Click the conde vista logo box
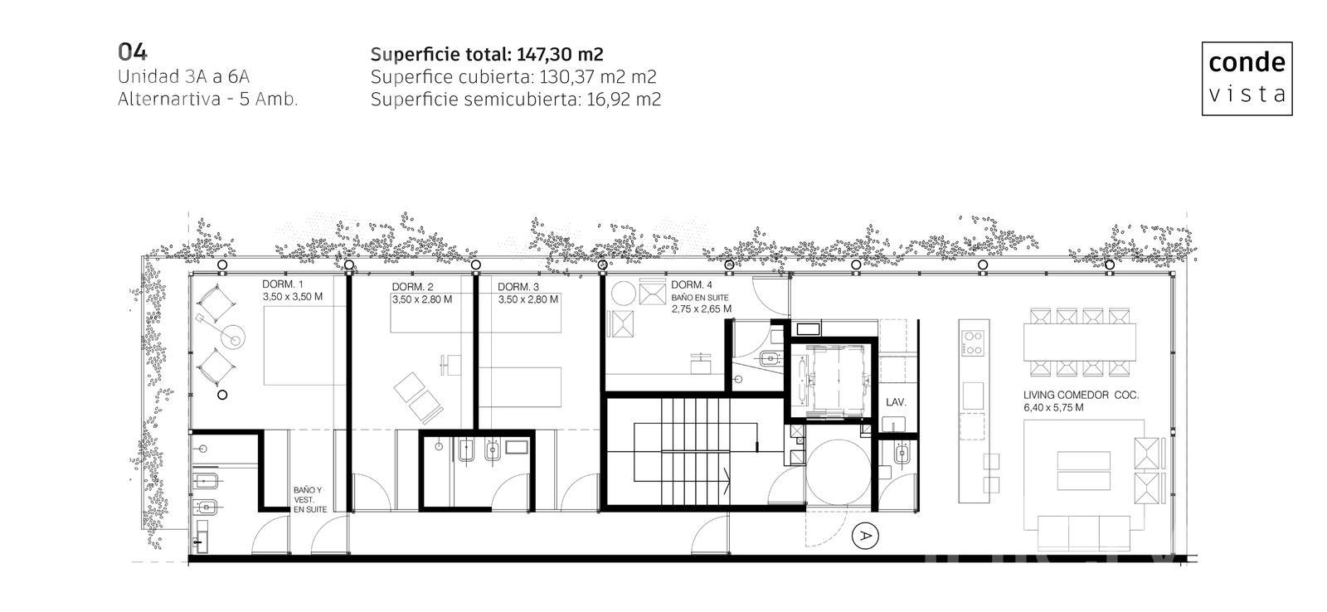pos(1247,78)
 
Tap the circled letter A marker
pos(865,537)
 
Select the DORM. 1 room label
pos(283,284)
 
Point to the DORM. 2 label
pos(412,287)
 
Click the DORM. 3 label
pos(518,287)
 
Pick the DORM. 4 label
pos(692,285)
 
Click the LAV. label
pos(896,402)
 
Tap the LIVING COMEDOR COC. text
pos(1082,396)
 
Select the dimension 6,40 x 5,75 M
pos(1053,408)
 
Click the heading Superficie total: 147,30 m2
pos(487,55)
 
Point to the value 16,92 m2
pos(624,100)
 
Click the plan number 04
pos(132,52)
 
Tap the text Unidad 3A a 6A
pos(183,76)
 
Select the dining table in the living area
pos(1079,342)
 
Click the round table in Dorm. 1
pos(234,338)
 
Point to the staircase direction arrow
pos(727,480)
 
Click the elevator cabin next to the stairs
pos(832,379)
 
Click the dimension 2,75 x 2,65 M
pos(702,308)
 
